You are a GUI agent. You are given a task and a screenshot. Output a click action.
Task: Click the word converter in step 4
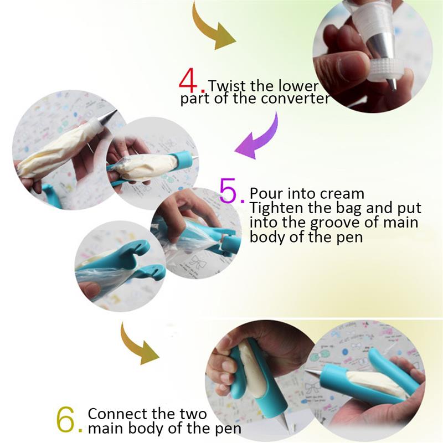[295, 99]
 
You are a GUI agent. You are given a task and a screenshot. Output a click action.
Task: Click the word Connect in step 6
[119, 414]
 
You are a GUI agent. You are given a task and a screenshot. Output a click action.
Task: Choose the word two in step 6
[193, 414]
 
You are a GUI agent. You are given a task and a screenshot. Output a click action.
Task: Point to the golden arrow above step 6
[136, 346]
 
